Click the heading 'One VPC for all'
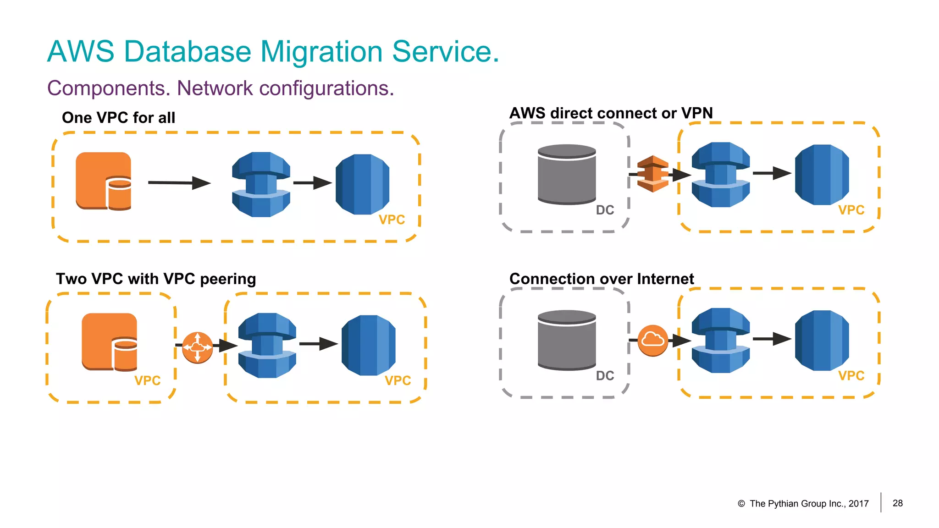tap(118, 118)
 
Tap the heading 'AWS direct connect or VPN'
tap(611, 113)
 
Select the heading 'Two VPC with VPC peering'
tap(156, 279)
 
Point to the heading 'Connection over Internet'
tap(602, 279)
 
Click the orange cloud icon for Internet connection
tap(652, 340)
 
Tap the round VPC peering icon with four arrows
tap(197, 347)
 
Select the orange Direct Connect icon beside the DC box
tap(652, 174)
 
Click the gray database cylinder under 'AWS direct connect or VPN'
tap(567, 175)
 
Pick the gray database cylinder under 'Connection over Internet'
tap(567, 341)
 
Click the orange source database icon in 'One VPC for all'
tap(104, 181)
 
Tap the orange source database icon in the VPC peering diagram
tap(110, 342)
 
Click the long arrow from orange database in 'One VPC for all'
tap(179, 183)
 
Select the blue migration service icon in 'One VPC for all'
tap(261, 184)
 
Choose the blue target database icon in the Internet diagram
tap(822, 341)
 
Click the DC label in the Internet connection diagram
tap(605, 376)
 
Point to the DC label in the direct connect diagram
tap(605, 210)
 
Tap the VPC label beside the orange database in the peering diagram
tap(147, 381)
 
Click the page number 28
tap(897, 503)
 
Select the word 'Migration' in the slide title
tap(321, 51)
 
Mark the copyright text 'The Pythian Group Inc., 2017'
tap(809, 504)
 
